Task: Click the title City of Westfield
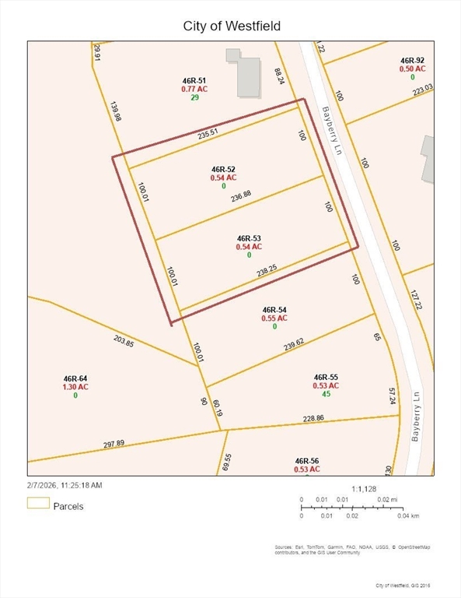231,26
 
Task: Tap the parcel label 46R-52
223,169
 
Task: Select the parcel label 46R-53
249,237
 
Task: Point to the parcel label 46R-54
275,309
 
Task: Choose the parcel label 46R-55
327,376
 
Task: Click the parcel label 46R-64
75,378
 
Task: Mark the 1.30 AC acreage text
75,386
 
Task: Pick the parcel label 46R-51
194,80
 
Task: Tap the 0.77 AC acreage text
194,89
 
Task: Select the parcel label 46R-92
412,60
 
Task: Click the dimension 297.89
114,444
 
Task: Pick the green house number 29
194,97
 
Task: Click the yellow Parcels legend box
38,504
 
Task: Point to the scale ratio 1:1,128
364,489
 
